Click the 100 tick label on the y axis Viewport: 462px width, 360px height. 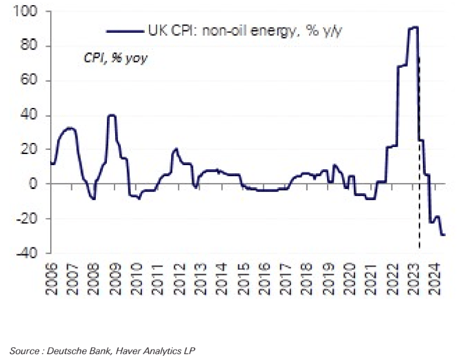27,12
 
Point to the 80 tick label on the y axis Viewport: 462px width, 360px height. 30,46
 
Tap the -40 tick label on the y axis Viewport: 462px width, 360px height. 29,253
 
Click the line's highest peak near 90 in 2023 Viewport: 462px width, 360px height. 414,27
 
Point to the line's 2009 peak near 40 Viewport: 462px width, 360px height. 112,115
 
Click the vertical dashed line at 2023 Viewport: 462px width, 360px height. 419,216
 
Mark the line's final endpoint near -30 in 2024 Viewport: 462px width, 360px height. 444,235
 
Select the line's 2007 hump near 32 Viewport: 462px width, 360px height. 70,128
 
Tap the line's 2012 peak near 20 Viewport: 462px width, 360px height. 175,149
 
